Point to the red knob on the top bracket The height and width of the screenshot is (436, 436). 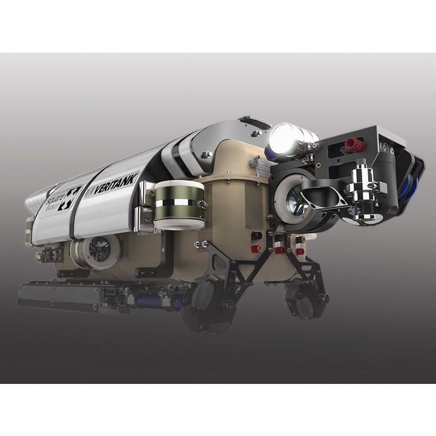pos(352,145)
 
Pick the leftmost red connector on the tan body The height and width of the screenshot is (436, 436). pos(257,248)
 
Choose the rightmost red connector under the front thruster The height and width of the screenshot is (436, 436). pos(299,249)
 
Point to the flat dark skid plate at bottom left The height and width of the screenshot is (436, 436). pos(58,295)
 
